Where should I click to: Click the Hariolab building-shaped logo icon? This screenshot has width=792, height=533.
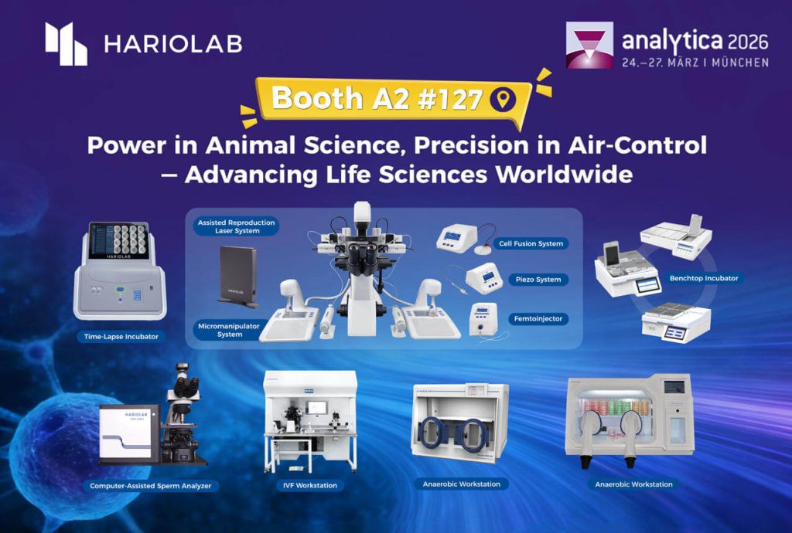[67, 44]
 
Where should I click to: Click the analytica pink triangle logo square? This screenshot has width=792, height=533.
[589, 45]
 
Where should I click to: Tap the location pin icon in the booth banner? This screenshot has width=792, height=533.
[503, 100]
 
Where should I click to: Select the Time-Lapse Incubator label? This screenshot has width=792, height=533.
[121, 336]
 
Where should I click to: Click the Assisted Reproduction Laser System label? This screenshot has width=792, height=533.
[236, 226]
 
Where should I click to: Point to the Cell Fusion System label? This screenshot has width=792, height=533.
[531, 243]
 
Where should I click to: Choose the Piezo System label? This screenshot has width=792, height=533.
[538, 280]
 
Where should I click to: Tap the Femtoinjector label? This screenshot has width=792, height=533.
[538, 319]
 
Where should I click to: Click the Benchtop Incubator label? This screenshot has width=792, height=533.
[704, 278]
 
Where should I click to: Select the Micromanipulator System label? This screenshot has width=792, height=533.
[229, 330]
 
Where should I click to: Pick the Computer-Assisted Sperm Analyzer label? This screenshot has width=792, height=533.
[151, 486]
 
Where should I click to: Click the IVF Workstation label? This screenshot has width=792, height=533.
[309, 485]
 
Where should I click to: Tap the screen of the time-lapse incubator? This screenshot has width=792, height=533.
[119, 240]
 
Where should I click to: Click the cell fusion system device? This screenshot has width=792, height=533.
[457, 237]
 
